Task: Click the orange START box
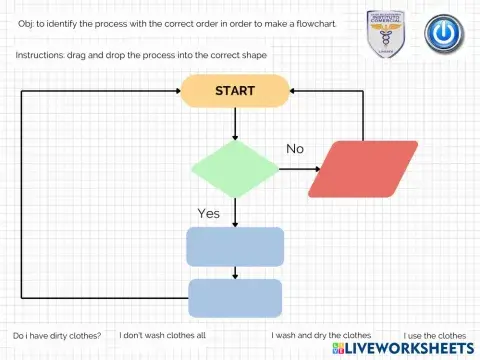tap(235, 91)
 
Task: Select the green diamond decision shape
tap(235, 169)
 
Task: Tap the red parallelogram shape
tap(363, 169)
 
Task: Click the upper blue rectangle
tap(235, 246)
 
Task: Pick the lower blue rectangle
tap(235, 298)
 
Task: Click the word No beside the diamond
tap(295, 149)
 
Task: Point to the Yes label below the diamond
tap(208, 213)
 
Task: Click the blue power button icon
tap(442, 33)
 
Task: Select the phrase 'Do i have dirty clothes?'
tap(57, 335)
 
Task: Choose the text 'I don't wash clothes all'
tap(162, 335)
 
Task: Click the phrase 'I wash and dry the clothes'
tap(321, 335)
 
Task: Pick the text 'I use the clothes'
tap(435, 335)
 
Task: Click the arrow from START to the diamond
tap(235, 123)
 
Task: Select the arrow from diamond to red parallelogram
tap(296, 169)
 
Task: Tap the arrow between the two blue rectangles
tap(235, 272)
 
